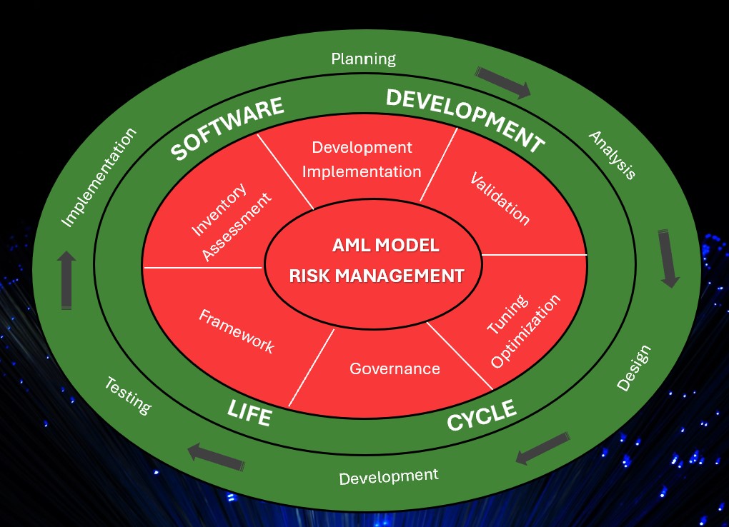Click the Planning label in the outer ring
click(363, 59)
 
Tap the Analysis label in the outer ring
click(613, 155)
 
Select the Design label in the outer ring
click(634, 368)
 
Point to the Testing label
click(128, 396)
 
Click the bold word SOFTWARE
click(227, 129)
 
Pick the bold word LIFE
click(249, 412)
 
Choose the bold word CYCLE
click(482, 415)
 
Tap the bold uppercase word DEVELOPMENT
click(465, 120)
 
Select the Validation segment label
click(500, 199)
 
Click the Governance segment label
click(395, 368)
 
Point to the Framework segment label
click(237, 331)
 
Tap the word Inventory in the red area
click(219, 209)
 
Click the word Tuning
click(507, 314)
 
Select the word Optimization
click(525, 331)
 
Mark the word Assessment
click(236, 226)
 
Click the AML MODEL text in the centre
click(386, 245)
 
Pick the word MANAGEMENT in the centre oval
click(400, 276)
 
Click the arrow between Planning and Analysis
click(503, 82)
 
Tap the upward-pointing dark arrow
click(66, 280)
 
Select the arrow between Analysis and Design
click(668, 258)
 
